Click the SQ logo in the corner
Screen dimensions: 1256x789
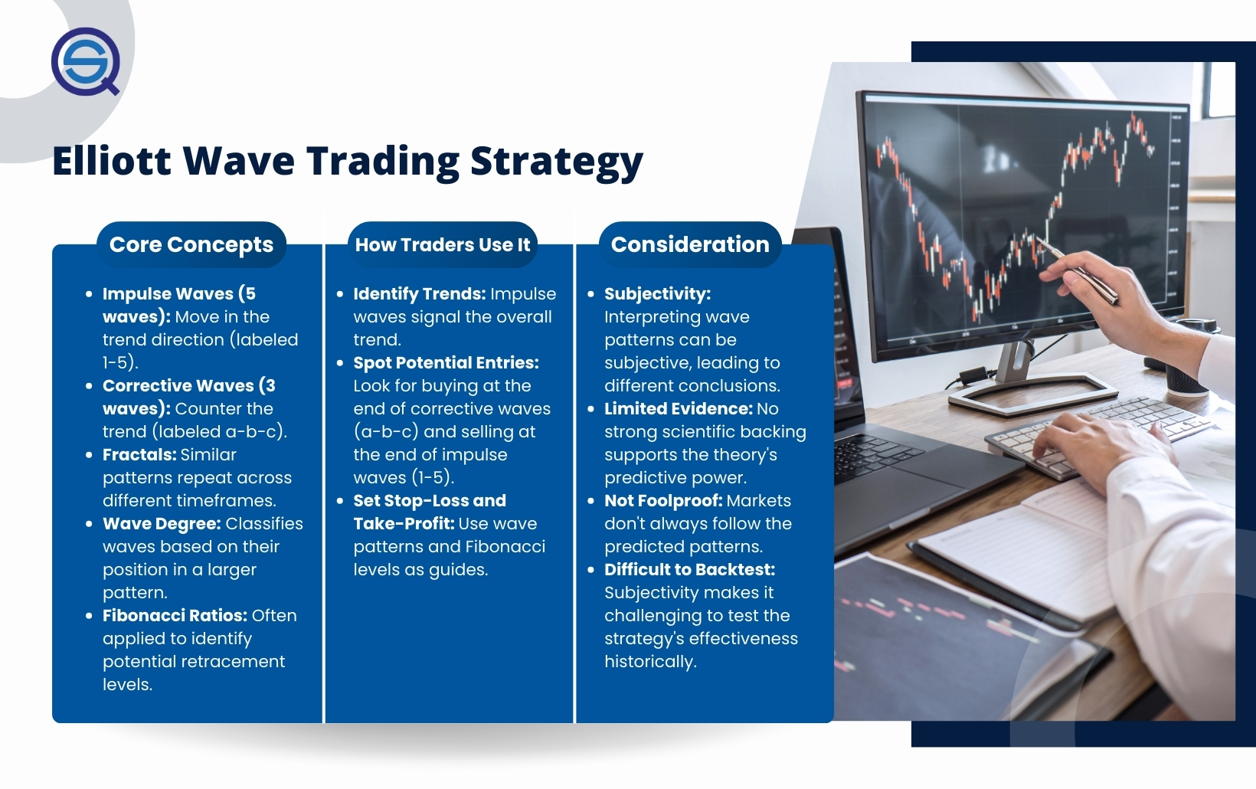click(x=85, y=61)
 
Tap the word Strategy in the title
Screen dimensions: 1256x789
click(x=556, y=162)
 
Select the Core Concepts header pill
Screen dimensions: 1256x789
click(x=191, y=244)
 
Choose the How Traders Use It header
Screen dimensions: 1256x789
click(x=443, y=244)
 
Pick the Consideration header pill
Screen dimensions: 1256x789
click(x=690, y=244)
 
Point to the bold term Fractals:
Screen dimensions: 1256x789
click(x=139, y=454)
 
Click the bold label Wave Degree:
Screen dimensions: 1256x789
click(x=162, y=524)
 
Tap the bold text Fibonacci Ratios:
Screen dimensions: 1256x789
click(x=175, y=615)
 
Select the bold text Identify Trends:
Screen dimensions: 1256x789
click(x=420, y=294)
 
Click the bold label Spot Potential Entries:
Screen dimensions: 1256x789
click(x=446, y=363)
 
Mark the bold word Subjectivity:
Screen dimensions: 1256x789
click(x=657, y=294)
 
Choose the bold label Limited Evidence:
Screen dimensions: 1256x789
click(x=678, y=409)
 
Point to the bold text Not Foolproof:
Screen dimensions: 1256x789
click(x=663, y=501)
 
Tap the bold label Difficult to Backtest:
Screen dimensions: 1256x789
click(x=690, y=569)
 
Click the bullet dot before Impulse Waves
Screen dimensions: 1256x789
click(x=89, y=294)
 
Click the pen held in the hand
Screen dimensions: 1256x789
click(x=1077, y=271)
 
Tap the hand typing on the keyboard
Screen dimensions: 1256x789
click(x=1099, y=449)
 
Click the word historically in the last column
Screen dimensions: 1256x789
click(x=650, y=662)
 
